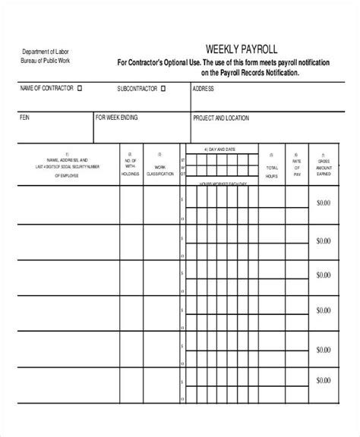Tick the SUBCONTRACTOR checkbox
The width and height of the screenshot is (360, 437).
point(163,88)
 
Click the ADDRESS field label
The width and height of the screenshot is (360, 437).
point(204,88)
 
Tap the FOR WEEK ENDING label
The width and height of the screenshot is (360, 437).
point(118,118)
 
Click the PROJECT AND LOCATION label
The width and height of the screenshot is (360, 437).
point(224,118)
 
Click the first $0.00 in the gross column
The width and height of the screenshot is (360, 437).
point(324,203)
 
